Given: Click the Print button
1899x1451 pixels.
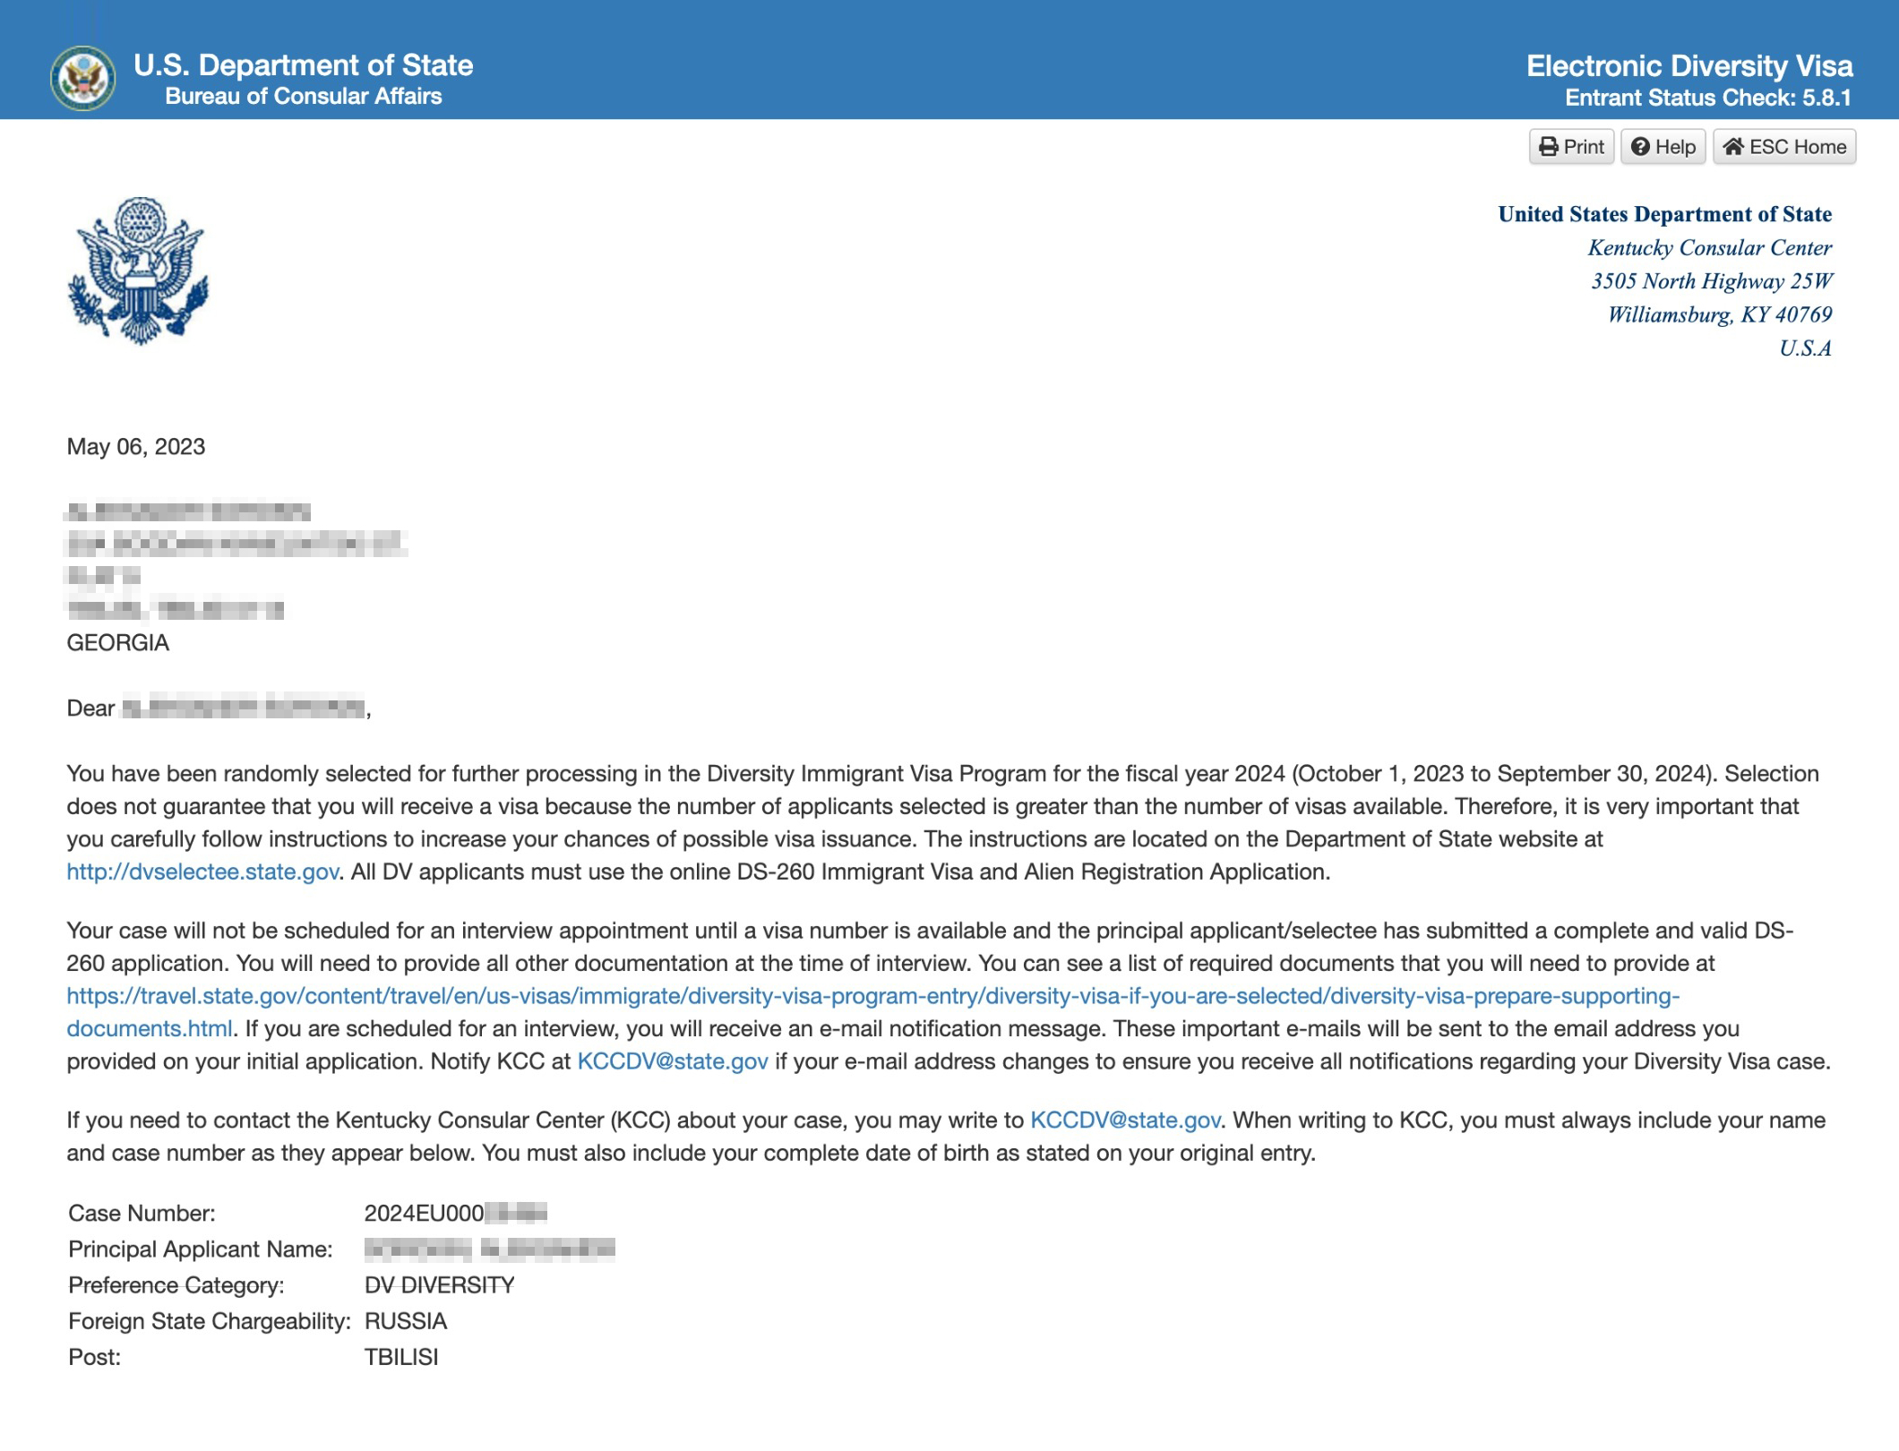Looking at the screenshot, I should (x=1571, y=147).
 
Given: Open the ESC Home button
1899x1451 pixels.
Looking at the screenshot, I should (x=1784, y=147).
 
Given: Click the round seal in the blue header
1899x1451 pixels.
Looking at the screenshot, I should (x=82, y=78).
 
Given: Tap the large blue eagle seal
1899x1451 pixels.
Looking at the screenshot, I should (x=138, y=270).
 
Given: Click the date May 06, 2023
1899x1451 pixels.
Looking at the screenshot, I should (x=136, y=447).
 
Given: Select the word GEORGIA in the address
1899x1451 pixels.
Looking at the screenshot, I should (x=118, y=643).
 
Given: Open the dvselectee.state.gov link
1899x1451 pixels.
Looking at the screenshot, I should (x=202, y=872).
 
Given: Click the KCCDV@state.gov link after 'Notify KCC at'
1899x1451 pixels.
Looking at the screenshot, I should (x=673, y=1062).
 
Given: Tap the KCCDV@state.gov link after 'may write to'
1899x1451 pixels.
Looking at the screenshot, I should (x=1125, y=1120).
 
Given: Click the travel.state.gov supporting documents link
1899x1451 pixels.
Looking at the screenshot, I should (x=872, y=997).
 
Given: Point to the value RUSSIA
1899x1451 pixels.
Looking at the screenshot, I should (x=406, y=1322).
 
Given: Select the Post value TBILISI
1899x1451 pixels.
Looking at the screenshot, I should (x=401, y=1358).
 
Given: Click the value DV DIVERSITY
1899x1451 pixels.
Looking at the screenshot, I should (x=439, y=1286).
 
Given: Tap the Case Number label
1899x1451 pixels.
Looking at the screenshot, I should (x=142, y=1214).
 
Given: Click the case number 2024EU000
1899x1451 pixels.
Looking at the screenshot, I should (x=425, y=1214).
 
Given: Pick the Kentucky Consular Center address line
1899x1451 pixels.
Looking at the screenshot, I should (x=1709, y=248).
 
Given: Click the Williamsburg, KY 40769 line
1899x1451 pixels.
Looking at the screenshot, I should (x=1719, y=315).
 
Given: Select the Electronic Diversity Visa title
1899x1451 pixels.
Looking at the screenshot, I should (x=1689, y=65).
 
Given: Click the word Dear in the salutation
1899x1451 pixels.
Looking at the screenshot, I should (x=90, y=708).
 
